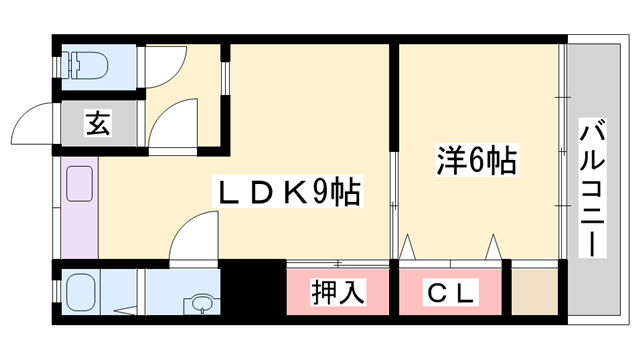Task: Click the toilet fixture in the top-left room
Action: (x=82, y=63)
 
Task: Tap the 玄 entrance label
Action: (x=97, y=125)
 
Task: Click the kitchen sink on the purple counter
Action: (x=79, y=186)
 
